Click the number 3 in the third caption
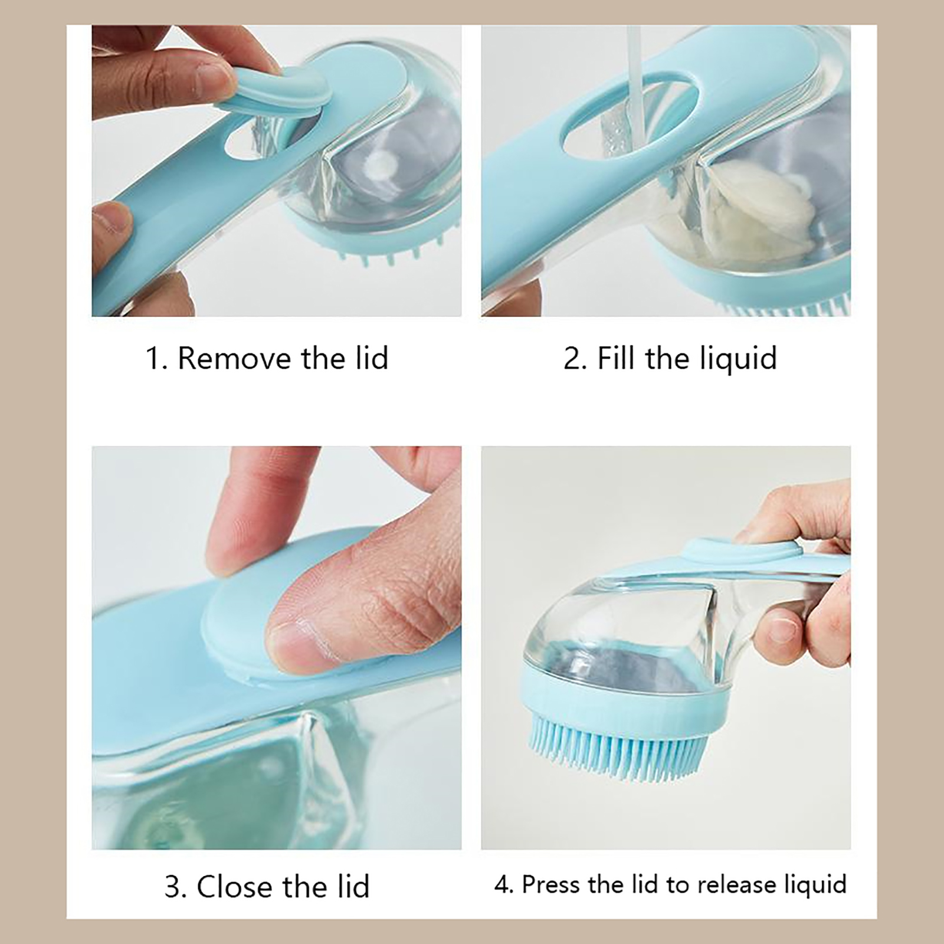[x=172, y=887]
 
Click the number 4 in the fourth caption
[x=502, y=884]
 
